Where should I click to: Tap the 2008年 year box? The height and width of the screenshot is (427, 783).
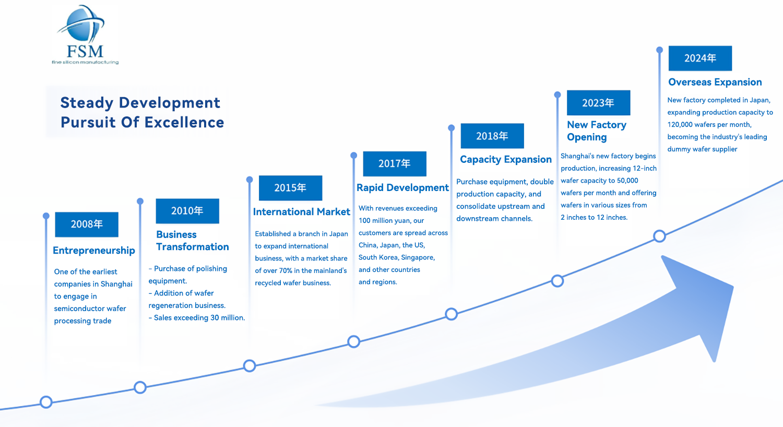click(x=87, y=224)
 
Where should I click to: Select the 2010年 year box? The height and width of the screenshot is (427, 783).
click(x=187, y=211)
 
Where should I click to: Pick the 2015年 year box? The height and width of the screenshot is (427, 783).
click(x=290, y=188)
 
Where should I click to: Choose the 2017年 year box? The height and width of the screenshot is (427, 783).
click(x=395, y=164)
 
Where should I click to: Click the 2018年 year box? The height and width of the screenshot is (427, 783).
click(x=492, y=136)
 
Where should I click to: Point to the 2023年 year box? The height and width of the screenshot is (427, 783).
click(x=598, y=103)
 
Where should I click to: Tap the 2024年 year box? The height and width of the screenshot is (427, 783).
click(x=700, y=58)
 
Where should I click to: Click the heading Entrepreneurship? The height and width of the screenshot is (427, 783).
click(x=94, y=251)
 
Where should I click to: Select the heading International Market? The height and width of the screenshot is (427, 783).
click(x=301, y=212)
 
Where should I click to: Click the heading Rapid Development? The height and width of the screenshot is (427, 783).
click(x=402, y=188)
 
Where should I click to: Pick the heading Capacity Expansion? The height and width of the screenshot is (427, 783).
click(x=505, y=160)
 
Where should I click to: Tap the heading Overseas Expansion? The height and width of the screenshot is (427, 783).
click(x=715, y=82)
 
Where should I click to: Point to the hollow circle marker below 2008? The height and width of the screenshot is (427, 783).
click(x=46, y=402)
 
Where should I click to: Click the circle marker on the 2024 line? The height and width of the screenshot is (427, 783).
click(x=659, y=236)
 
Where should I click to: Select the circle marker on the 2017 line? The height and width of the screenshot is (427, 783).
click(x=353, y=341)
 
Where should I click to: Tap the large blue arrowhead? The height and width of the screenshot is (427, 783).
click(x=699, y=298)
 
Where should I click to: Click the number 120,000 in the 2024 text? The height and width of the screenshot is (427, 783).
click(x=680, y=125)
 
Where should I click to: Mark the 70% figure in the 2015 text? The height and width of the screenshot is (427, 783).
click(x=286, y=271)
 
